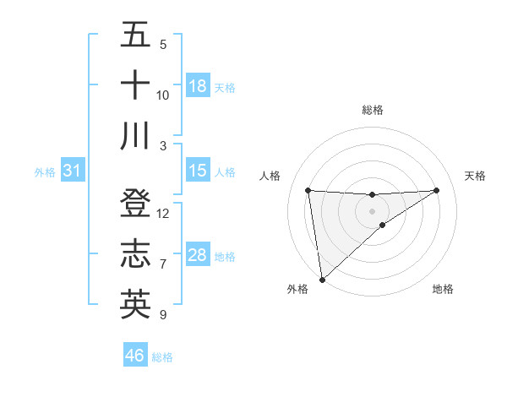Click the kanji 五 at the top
135,35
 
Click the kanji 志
135,254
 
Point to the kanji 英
135,304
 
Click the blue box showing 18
198,86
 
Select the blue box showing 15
198,171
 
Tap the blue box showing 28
198,255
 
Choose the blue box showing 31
73,171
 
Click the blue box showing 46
135,356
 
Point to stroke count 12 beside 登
163,214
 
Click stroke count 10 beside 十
163,95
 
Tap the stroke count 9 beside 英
163,315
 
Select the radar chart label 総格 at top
373,110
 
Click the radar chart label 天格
476,176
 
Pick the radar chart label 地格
443,290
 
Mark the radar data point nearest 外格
322,279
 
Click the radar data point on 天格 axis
437,190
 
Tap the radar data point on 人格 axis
308,190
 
